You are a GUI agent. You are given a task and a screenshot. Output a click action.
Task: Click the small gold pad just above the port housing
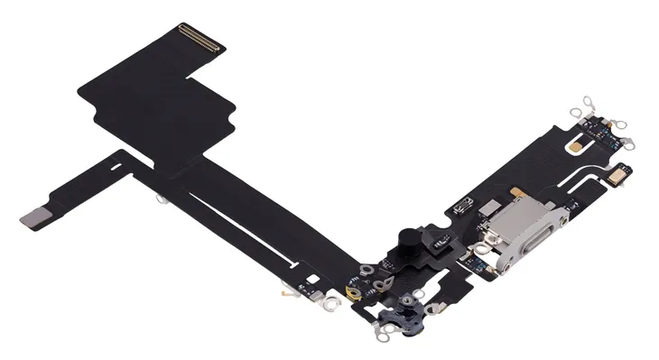coord(516,192)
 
